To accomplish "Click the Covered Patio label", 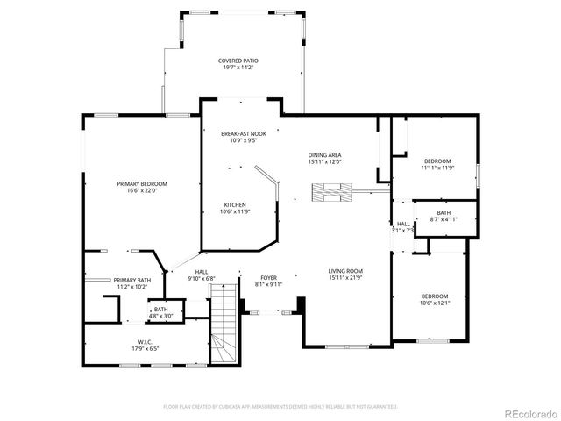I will pyautogui.click(x=238, y=61).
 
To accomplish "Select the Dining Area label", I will pyautogui.click(x=324, y=155).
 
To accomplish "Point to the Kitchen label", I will pyautogui.click(x=234, y=205).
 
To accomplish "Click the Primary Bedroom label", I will pyautogui.click(x=142, y=183).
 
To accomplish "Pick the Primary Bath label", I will pyautogui.click(x=131, y=280).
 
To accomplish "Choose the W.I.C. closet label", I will pyautogui.click(x=146, y=342).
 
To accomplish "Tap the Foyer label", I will pyautogui.click(x=268, y=278).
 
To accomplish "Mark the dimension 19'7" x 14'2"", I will pyautogui.click(x=238, y=67).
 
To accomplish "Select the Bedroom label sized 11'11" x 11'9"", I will pyautogui.click(x=437, y=161).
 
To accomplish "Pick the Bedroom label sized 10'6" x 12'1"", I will pyautogui.click(x=434, y=296).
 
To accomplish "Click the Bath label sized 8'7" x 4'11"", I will pyautogui.click(x=444, y=212).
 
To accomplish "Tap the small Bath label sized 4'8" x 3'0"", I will pyautogui.click(x=161, y=310).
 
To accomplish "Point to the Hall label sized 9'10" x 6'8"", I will pyautogui.click(x=202, y=272).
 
